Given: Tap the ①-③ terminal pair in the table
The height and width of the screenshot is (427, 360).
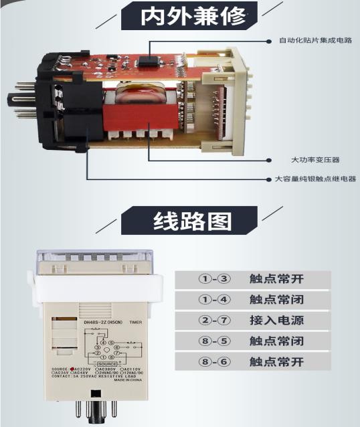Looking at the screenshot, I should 214,278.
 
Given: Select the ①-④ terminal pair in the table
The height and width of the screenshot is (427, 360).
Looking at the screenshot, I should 214,299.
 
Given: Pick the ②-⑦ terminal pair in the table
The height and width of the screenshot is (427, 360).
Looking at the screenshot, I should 214,320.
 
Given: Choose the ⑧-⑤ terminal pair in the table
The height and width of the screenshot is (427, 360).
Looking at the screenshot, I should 214,341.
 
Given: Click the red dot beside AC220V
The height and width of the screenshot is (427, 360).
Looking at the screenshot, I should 72,368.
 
